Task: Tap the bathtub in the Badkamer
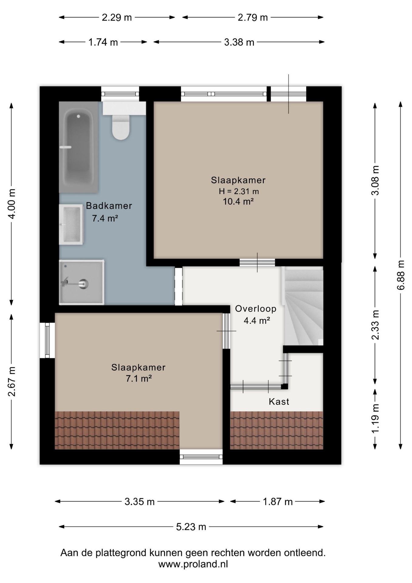(x=79, y=147)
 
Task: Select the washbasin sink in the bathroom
(x=71, y=224)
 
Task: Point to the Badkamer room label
(x=109, y=206)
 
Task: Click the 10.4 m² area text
(x=238, y=201)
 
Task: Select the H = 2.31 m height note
(x=239, y=191)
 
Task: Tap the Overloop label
(x=256, y=309)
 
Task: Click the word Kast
(x=279, y=402)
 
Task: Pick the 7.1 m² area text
(x=139, y=379)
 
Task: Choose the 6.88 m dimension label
(x=401, y=275)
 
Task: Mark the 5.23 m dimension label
(x=191, y=527)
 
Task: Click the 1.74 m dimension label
(x=103, y=42)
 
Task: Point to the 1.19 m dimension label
(x=375, y=418)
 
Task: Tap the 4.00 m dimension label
(x=12, y=204)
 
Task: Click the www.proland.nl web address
(x=193, y=564)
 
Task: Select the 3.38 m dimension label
(x=239, y=42)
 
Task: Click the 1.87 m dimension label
(x=278, y=502)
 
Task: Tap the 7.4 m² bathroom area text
(x=105, y=218)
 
